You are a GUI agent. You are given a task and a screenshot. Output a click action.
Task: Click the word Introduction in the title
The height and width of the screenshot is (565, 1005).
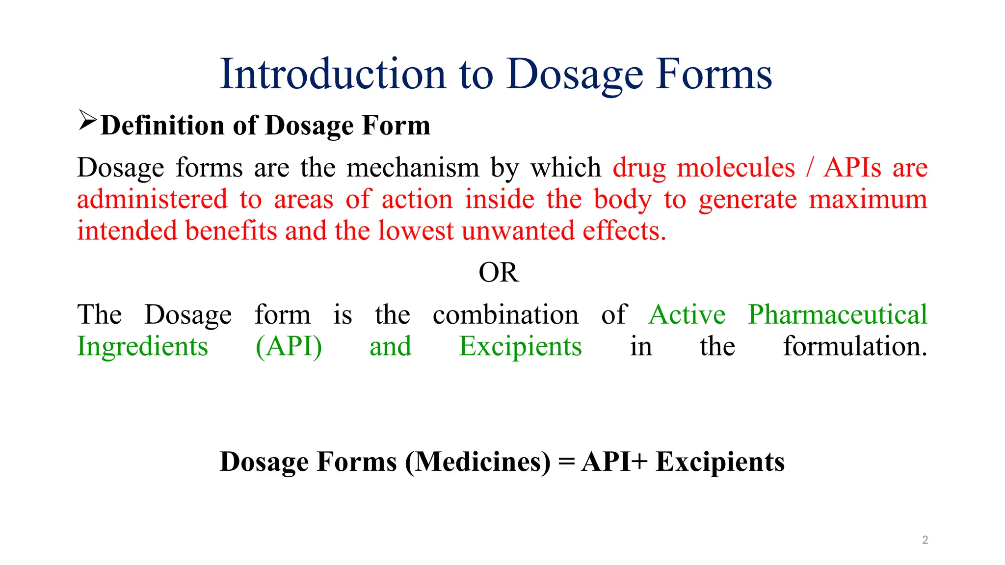pyautogui.click(x=333, y=74)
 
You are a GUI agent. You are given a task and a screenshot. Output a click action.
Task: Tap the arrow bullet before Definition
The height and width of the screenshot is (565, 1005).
pyautogui.click(x=87, y=121)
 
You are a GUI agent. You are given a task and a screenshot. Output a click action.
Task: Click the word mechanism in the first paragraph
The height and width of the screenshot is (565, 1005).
pyautogui.click(x=413, y=168)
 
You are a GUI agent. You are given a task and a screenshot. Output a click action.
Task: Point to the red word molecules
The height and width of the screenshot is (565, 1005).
pyautogui.click(x=736, y=168)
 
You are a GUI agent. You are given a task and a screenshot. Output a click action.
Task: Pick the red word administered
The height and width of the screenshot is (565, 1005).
pyautogui.click(x=152, y=200)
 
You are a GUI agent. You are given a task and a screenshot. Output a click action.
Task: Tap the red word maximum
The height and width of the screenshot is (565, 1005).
pyautogui.click(x=868, y=200)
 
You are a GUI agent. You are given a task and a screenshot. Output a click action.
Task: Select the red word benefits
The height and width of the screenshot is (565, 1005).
pyautogui.click(x=231, y=231)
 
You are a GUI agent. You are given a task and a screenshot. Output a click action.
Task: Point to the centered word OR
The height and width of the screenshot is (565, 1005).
pyautogui.click(x=499, y=273)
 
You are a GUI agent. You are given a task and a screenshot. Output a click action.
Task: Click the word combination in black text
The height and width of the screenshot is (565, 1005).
pyautogui.click(x=505, y=315)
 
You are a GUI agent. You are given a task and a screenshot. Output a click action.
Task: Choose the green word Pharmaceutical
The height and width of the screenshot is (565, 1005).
pyautogui.click(x=837, y=315)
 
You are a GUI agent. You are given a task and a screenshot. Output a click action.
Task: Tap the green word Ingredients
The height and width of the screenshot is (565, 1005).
pyautogui.click(x=143, y=347)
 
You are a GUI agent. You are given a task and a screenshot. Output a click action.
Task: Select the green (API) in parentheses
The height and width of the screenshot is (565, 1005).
pyautogui.click(x=289, y=347)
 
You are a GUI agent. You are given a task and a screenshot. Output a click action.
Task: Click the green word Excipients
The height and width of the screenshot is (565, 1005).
pyautogui.click(x=520, y=347)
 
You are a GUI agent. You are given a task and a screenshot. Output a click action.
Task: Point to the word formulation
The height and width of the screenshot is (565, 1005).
pyautogui.click(x=855, y=347)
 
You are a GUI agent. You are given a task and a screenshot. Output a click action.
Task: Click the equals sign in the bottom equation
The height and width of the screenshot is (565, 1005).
pyautogui.click(x=566, y=462)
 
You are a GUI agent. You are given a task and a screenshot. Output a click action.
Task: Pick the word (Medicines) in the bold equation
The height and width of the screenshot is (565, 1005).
pyautogui.click(x=478, y=462)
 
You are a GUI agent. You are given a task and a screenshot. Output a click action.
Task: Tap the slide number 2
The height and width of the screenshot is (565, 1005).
pyautogui.click(x=925, y=540)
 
